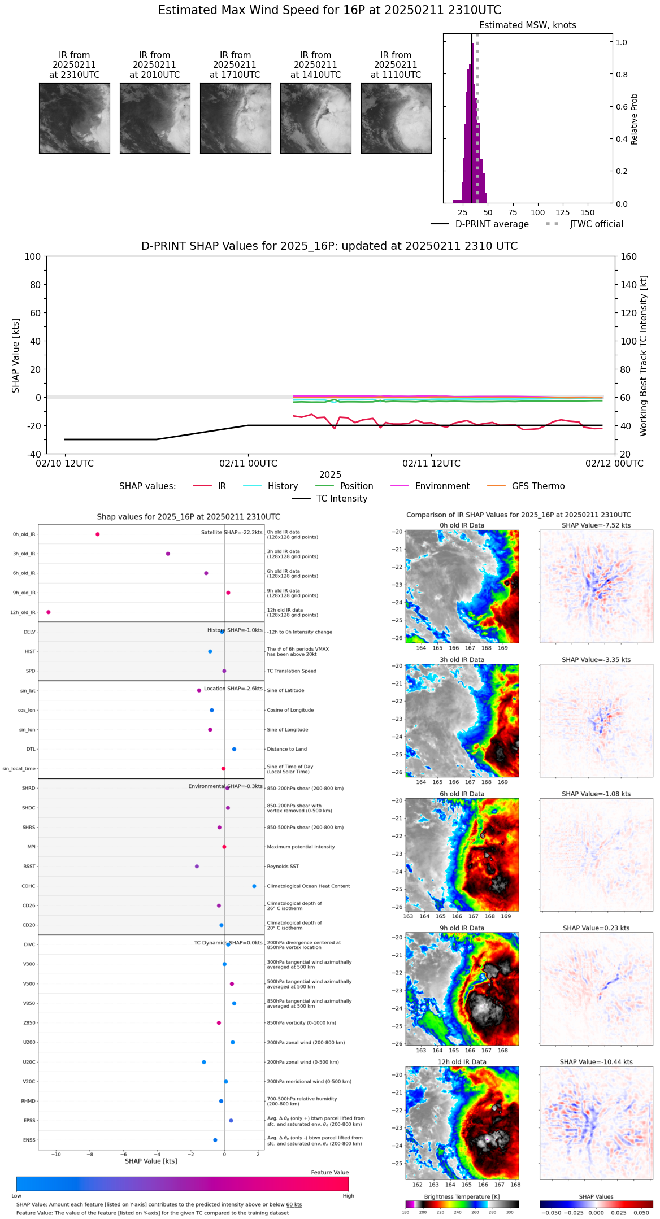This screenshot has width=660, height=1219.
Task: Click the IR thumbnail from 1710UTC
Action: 235,118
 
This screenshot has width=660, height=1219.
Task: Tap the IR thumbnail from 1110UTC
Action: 396,118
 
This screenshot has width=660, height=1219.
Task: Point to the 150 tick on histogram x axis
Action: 588,212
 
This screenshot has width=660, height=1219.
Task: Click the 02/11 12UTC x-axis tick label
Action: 431,464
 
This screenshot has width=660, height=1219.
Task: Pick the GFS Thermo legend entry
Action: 538,486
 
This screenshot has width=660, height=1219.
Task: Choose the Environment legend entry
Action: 442,486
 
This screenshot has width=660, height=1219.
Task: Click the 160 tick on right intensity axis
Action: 628,256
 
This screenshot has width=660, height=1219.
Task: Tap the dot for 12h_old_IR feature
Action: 49,612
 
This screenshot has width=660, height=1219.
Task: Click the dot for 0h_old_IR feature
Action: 98,534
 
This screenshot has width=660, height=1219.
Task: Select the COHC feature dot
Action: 254,886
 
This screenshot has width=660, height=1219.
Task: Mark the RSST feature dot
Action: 197,867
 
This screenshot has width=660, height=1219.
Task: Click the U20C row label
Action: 29,1062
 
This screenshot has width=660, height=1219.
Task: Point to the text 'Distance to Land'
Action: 286,749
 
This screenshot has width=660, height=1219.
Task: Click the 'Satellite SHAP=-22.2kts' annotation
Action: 232,533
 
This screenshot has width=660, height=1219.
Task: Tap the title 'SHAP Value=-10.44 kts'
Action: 596,1062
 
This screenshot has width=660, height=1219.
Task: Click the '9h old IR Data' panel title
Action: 462,928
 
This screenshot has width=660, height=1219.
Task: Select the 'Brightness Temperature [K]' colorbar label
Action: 462,1197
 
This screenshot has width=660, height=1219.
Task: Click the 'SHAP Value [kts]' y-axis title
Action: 16,355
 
